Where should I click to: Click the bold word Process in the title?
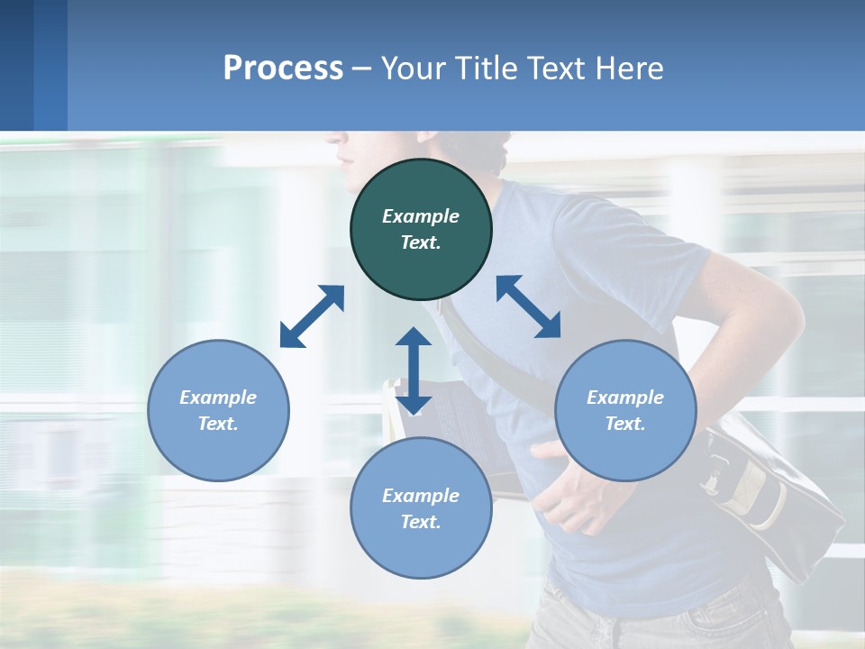tap(283, 68)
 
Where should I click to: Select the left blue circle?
tap(218, 410)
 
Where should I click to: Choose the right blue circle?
tap(625, 410)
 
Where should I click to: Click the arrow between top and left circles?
tap(312, 316)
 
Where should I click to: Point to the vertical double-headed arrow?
tap(414, 370)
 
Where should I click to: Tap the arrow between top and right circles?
tap(528, 306)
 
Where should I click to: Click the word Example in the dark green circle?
tap(421, 216)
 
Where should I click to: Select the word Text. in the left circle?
tap(218, 424)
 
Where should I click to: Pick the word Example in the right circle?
tap(625, 398)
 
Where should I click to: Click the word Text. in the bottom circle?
tap(421, 522)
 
